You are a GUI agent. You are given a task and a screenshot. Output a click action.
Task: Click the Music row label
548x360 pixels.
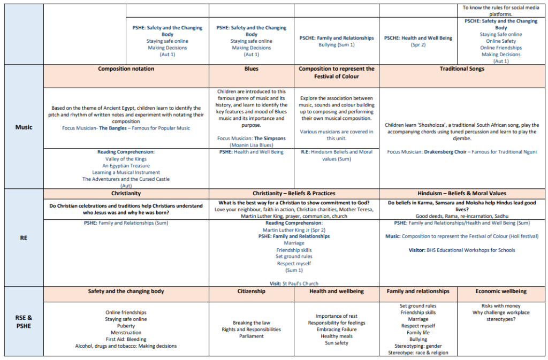(x=24, y=127)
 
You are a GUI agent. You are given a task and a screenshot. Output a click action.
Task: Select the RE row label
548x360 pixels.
(x=24, y=238)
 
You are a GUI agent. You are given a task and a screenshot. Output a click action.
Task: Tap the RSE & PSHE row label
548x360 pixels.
(x=24, y=321)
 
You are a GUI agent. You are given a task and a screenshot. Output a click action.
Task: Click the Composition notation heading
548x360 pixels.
(x=126, y=69)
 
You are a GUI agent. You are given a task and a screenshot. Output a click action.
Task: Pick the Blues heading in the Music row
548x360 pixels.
(x=252, y=69)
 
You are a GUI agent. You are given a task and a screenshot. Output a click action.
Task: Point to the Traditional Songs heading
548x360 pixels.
(x=462, y=69)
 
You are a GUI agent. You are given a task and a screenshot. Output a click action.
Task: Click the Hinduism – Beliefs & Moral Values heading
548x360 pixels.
(x=462, y=193)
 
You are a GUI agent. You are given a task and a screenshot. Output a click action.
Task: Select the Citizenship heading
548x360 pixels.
(x=252, y=292)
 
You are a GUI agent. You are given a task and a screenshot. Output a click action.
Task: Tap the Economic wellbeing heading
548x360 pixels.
(x=501, y=292)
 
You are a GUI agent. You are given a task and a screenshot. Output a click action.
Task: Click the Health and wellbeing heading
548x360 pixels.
(x=337, y=292)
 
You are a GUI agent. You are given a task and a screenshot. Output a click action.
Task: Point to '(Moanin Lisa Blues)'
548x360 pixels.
(x=252, y=145)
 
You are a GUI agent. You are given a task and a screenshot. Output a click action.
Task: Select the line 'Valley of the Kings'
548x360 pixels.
(x=126, y=159)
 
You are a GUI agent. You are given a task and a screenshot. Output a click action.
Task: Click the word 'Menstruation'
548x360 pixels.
(x=126, y=333)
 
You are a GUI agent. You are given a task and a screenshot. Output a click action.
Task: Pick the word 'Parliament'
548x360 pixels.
(x=252, y=336)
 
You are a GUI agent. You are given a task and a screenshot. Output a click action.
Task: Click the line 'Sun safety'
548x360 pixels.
(x=337, y=343)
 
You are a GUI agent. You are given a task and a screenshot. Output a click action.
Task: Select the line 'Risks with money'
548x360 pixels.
(x=501, y=306)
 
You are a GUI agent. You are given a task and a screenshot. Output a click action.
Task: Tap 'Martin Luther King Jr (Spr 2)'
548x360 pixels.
(x=294, y=229)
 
